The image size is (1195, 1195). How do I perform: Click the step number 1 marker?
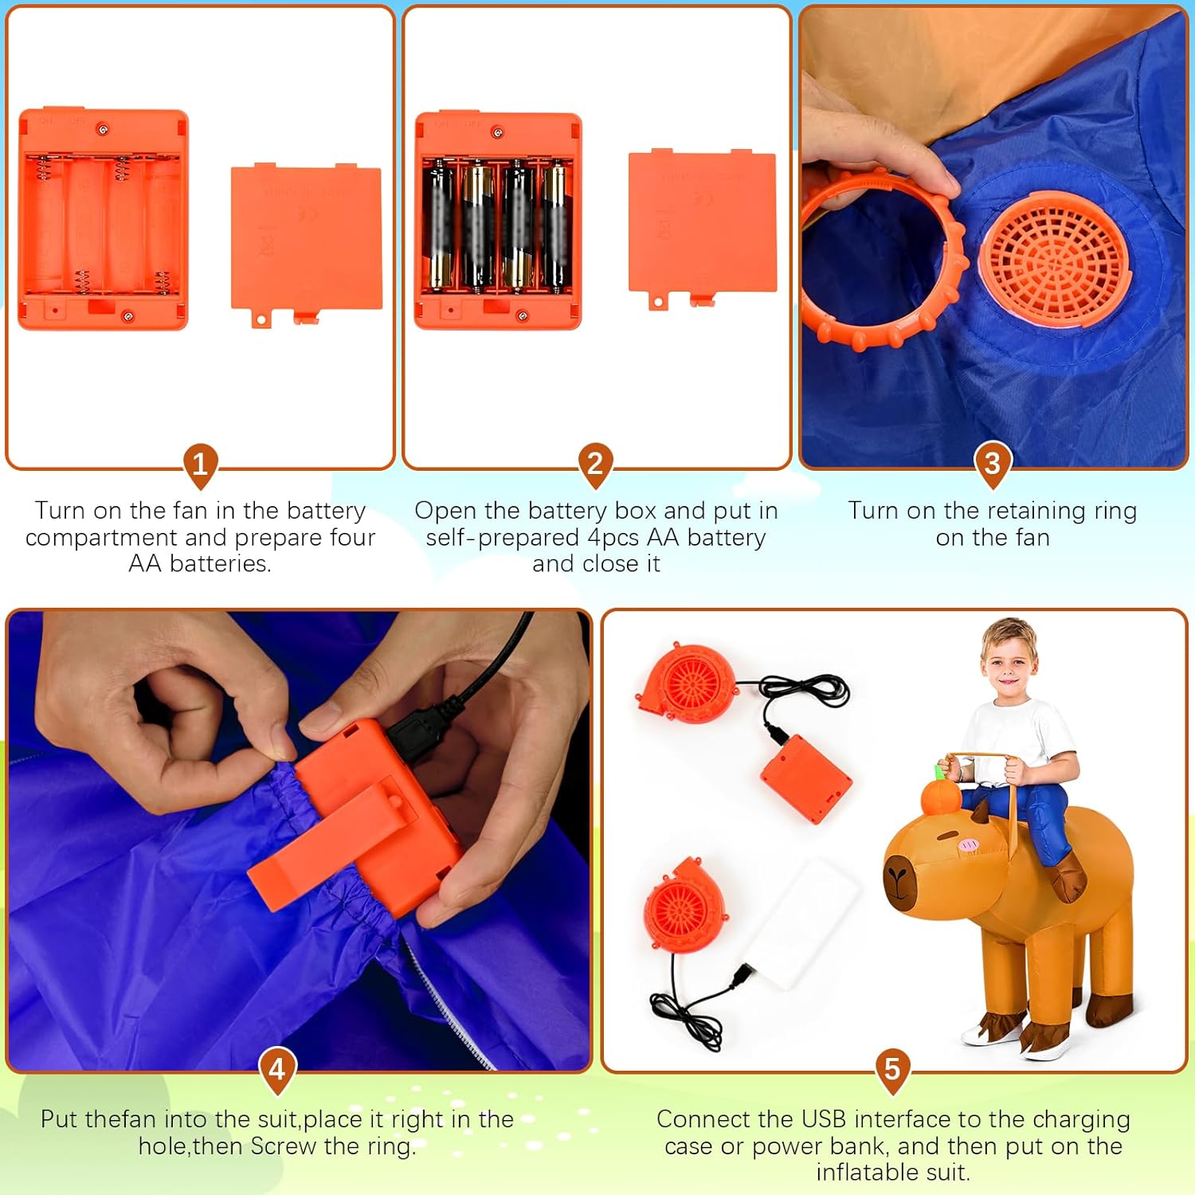pyautogui.click(x=200, y=463)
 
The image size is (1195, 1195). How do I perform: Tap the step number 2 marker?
pyautogui.click(x=595, y=463)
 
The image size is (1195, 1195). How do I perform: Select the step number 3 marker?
pyautogui.click(x=992, y=463)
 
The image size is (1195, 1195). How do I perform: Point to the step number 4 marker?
pyautogui.click(x=277, y=1068)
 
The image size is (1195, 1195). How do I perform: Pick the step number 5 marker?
pyautogui.click(x=892, y=1068)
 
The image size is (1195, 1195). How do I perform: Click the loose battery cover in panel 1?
pyautogui.click(x=306, y=239)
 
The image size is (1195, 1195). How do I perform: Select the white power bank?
pyautogui.click(x=801, y=924)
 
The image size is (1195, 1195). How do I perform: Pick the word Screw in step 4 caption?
pyautogui.click(x=284, y=1146)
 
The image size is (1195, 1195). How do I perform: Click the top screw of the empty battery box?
pyautogui.click(x=102, y=129)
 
